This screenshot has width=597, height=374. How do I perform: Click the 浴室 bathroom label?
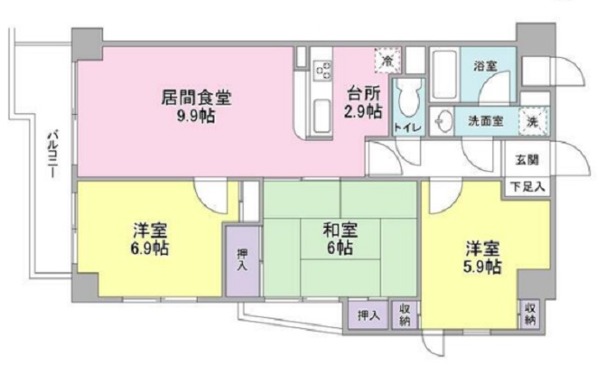[484, 66]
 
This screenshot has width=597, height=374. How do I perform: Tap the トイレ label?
[408, 128]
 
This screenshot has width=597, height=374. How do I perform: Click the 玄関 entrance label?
[527, 159]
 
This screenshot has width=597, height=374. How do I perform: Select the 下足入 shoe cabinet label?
[526, 187]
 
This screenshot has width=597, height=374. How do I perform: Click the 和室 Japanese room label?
[338, 230]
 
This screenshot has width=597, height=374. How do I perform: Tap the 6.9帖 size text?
[150, 249]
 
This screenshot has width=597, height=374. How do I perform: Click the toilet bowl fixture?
[409, 96]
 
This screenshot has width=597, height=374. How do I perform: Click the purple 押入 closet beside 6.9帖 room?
[242, 260]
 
